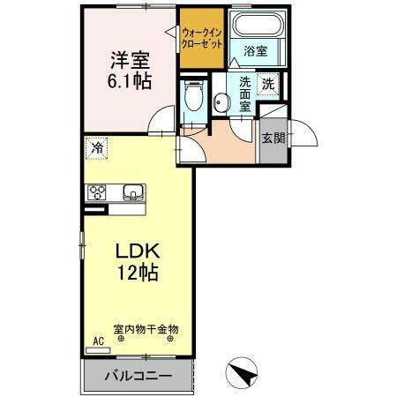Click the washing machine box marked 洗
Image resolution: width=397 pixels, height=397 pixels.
266,86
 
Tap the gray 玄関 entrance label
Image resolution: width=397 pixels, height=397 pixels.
273,140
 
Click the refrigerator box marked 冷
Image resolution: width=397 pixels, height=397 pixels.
94,148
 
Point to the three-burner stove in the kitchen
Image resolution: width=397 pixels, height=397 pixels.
97,193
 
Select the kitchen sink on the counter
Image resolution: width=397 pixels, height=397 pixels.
133,193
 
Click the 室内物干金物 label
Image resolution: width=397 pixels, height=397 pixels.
146,328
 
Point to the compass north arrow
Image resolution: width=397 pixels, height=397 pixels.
239,372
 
